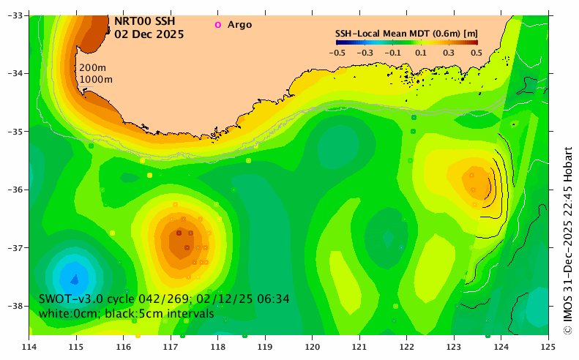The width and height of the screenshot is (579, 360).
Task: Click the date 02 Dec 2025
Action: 149,34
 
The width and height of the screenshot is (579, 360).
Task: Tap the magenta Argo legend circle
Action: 217,25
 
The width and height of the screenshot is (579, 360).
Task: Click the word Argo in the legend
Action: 239,25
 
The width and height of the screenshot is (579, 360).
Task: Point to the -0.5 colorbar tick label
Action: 337,53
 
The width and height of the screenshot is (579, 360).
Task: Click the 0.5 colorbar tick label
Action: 476,53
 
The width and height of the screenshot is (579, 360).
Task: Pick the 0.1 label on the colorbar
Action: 421,53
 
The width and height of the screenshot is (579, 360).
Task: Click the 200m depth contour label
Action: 91,68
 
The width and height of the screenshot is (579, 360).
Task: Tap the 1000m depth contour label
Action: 97,79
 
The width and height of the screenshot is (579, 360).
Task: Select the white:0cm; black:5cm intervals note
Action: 127,314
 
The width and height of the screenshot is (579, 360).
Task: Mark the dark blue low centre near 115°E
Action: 74,277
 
